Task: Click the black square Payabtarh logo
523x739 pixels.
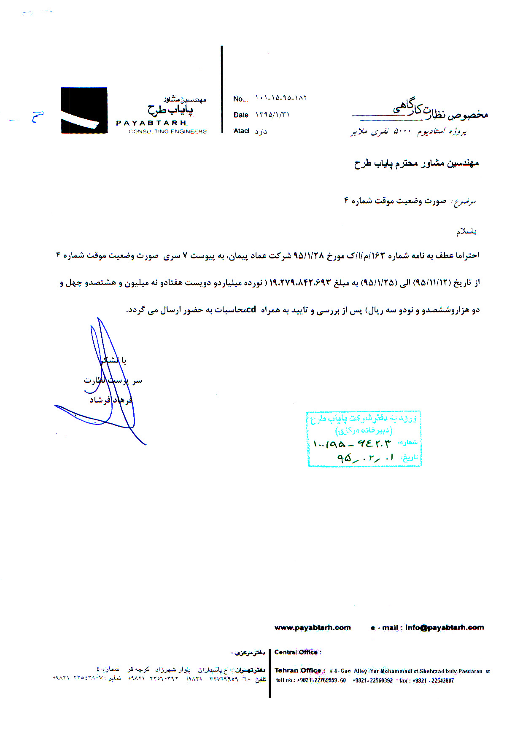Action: (x=84, y=110)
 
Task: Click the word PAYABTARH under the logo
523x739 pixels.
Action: (x=151, y=123)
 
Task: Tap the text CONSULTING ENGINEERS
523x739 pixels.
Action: (x=167, y=132)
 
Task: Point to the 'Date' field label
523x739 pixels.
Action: (x=241, y=115)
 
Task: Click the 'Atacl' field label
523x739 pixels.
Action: (x=241, y=131)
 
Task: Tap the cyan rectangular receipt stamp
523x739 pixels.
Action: (x=364, y=439)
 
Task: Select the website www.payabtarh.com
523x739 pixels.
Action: (x=312, y=628)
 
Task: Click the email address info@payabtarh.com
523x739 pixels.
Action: (x=445, y=628)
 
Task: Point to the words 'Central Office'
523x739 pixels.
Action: (x=296, y=652)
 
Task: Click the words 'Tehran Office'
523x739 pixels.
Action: (x=298, y=670)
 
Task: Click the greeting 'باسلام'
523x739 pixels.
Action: (x=466, y=231)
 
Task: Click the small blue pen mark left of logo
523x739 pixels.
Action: (x=38, y=116)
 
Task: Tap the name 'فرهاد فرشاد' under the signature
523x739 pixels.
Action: (x=111, y=400)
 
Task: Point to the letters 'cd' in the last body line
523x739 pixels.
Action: (x=251, y=310)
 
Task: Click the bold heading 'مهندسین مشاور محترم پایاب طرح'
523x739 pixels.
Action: (x=416, y=164)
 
